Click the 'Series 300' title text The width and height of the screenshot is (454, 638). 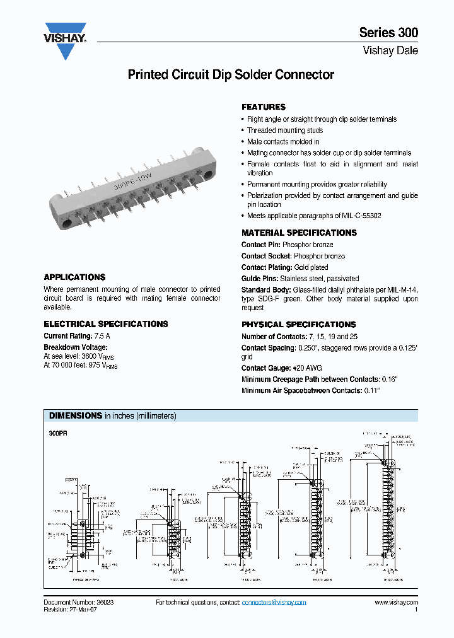388,33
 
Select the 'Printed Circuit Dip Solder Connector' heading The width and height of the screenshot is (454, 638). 231,75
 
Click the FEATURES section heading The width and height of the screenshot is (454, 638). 264,107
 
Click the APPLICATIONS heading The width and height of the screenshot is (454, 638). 74,277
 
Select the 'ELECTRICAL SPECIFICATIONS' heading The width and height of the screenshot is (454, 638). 106,324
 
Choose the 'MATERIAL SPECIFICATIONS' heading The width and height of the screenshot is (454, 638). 299,233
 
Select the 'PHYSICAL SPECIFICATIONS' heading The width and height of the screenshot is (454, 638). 299,325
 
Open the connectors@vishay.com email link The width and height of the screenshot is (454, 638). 274,603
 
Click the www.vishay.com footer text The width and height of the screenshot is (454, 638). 396,603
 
